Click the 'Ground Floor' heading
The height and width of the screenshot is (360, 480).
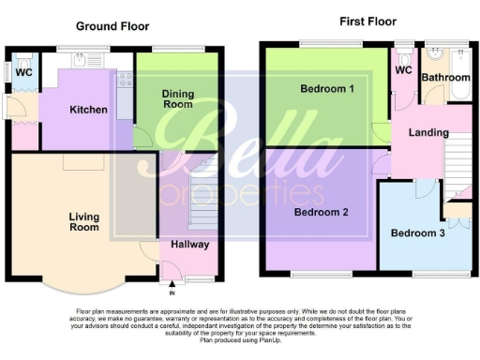pyautogui.click(x=112, y=26)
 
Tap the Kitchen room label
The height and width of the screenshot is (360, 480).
pyautogui.click(x=88, y=110)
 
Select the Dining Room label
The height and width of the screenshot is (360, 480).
pyautogui.click(x=178, y=98)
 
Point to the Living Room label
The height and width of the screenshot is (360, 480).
pyautogui.click(x=83, y=221)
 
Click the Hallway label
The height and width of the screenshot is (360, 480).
pyautogui.click(x=189, y=245)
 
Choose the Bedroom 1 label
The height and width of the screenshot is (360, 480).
pyautogui.click(x=326, y=89)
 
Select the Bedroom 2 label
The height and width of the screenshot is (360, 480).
pyautogui.click(x=321, y=212)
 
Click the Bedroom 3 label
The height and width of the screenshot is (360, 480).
pyautogui.click(x=418, y=232)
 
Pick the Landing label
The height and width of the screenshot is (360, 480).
pyautogui.click(x=427, y=132)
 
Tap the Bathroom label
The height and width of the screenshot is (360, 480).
pyautogui.click(x=444, y=78)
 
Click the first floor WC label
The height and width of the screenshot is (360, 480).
pyautogui.click(x=403, y=70)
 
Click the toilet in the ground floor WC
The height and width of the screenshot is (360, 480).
pyautogui.click(x=8, y=71)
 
